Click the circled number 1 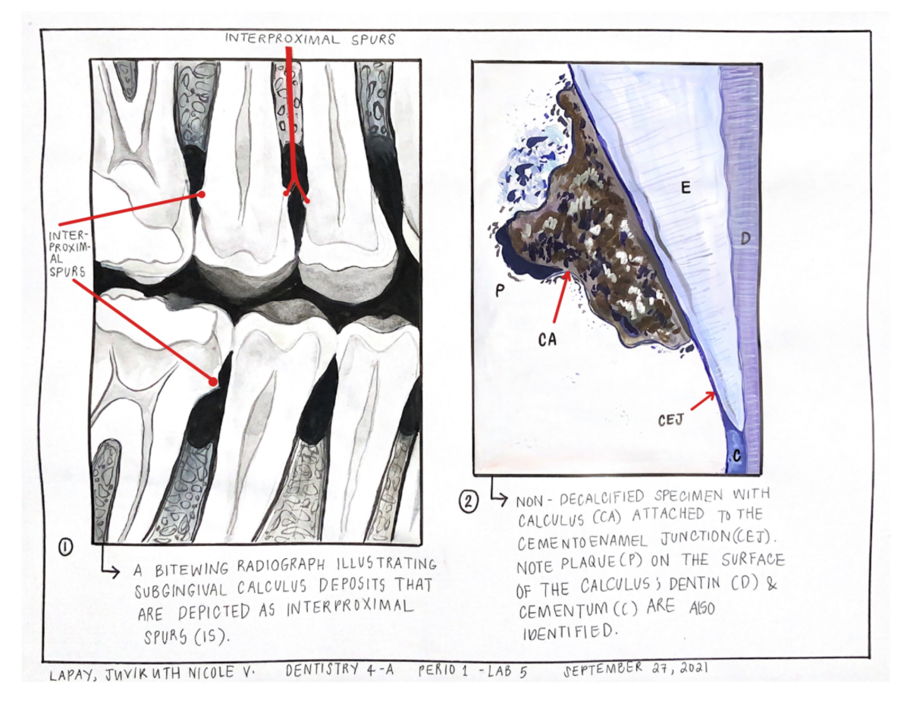pos(66,548)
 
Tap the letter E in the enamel pos(686,188)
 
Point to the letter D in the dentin pos(745,239)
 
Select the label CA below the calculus pos(548,340)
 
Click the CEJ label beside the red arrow pos(671,420)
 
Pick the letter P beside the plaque pos(500,290)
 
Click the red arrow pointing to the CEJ pos(703,400)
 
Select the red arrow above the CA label pos(560,296)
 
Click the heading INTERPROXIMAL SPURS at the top pos(310,39)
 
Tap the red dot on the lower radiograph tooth pos(214,382)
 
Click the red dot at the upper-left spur pos(202,195)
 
